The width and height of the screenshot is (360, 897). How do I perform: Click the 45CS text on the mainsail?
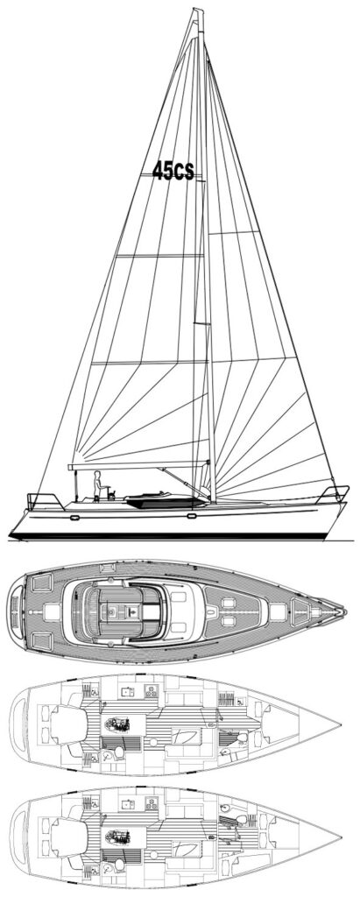pyautogui.click(x=173, y=171)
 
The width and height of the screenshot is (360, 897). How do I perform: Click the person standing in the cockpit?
pyautogui.click(x=98, y=485)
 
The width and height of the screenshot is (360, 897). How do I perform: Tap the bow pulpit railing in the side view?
pyautogui.click(x=335, y=494)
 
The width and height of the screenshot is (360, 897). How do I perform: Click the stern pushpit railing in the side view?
pyautogui.click(x=45, y=500)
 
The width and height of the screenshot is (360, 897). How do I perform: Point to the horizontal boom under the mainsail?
pyautogui.click(x=138, y=465)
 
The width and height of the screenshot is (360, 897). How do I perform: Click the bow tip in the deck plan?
pyautogui.click(x=345, y=611)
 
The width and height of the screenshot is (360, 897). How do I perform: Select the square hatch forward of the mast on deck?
pyautogui.click(x=278, y=611)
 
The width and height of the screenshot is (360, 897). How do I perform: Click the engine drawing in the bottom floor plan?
pyautogui.click(x=118, y=837)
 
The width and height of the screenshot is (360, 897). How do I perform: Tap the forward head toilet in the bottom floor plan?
pyautogui.click(x=241, y=820)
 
